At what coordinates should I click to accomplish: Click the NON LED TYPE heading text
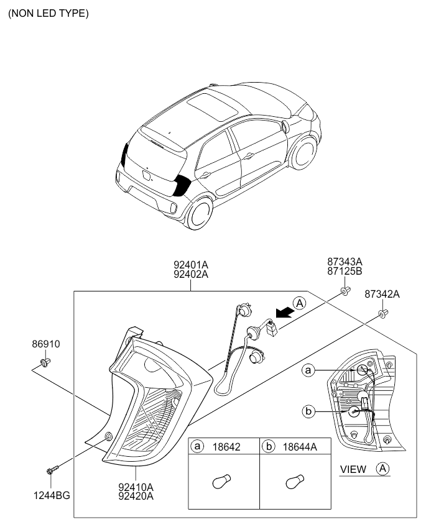48,13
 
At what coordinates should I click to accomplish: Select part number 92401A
191,263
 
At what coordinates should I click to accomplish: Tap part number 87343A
345,262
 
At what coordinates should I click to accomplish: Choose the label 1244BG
52,495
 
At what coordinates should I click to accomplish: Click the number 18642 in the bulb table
227,447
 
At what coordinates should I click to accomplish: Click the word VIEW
353,470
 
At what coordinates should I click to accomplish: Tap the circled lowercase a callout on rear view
307,371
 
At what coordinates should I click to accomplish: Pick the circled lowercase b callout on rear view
307,410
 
